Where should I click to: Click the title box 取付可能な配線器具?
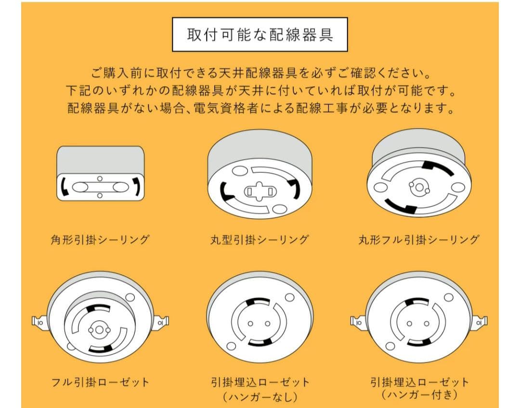260,35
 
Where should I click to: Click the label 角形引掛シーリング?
100,239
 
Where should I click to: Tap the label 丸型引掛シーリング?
260,239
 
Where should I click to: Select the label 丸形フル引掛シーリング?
419,239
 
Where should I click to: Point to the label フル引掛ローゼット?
100,382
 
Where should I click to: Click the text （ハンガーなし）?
260,397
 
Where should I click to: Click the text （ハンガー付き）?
419,395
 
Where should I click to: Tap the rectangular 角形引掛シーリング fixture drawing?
100,173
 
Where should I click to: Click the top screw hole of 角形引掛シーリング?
100,179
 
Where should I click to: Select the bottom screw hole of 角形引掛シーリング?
100,195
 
